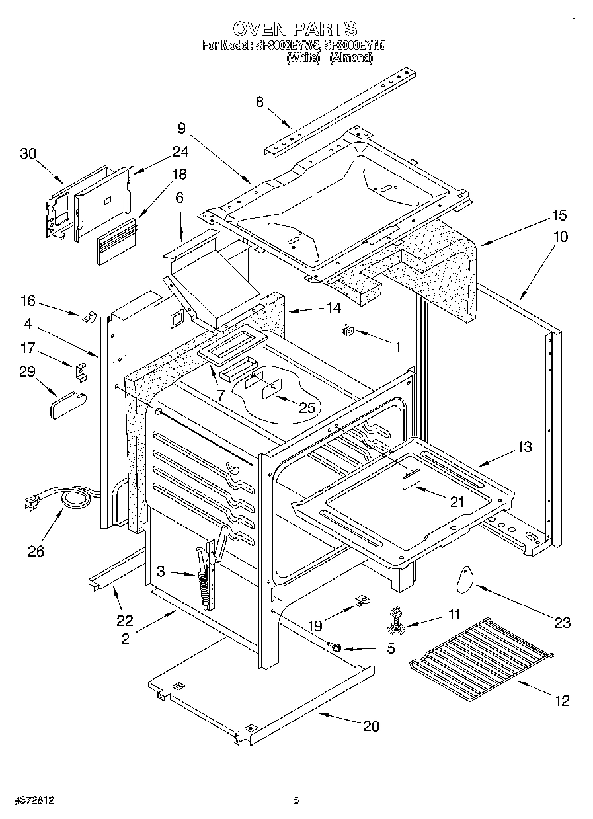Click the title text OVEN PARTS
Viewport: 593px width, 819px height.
click(x=296, y=28)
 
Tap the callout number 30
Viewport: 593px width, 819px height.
click(x=28, y=153)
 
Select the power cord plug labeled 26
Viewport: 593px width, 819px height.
click(x=32, y=504)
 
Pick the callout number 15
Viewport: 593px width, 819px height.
click(x=559, y=215)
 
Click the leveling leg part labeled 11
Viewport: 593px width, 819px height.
click(x=396, y=619)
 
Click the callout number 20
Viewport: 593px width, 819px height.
click(x=371, y=726)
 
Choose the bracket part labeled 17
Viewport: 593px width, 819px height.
click(x=81, y=371)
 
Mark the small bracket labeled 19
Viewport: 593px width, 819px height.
click(x=362, y=601)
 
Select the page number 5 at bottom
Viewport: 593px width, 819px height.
click(x=296, y=800)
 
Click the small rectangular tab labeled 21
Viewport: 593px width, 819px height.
click(x=412, y=478)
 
